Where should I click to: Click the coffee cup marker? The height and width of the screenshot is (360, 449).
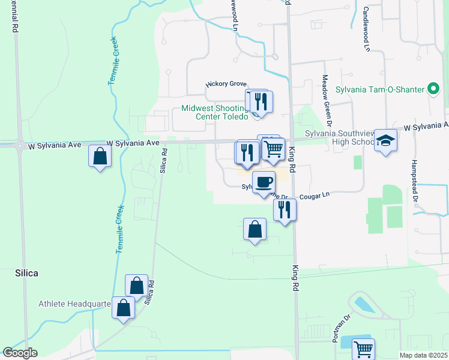263,181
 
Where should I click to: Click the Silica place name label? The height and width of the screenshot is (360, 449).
26,273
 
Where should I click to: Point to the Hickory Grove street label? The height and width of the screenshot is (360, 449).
226,85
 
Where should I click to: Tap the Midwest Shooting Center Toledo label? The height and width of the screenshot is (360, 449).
214,112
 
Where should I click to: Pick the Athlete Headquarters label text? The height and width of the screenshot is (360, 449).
75,304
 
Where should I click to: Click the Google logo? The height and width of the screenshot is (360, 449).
20,353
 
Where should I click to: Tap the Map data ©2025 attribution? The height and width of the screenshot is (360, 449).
423,355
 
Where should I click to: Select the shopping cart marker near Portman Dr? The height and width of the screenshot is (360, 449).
363,348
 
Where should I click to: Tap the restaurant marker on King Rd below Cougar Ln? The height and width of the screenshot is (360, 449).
285,209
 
